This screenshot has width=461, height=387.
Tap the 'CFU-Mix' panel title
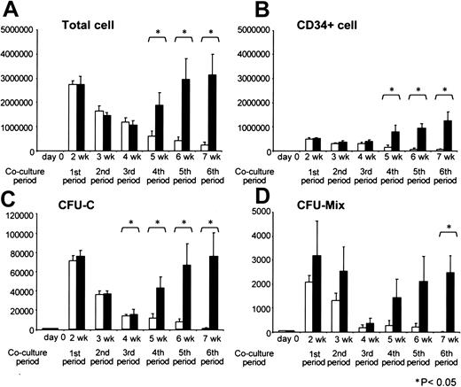pos(304,213)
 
